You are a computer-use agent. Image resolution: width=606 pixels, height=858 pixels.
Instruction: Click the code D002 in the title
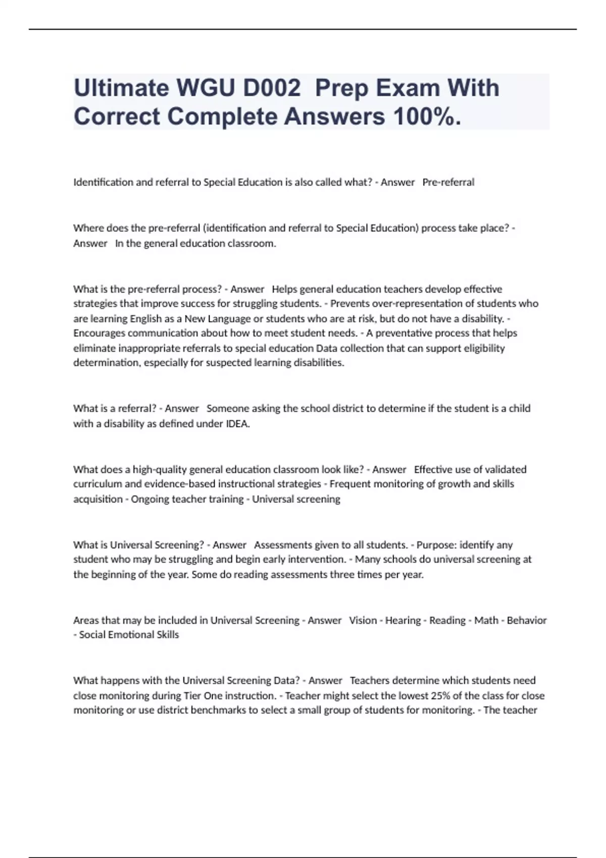coord(272,88)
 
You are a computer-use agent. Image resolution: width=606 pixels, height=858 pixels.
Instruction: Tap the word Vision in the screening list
coord(363,620)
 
